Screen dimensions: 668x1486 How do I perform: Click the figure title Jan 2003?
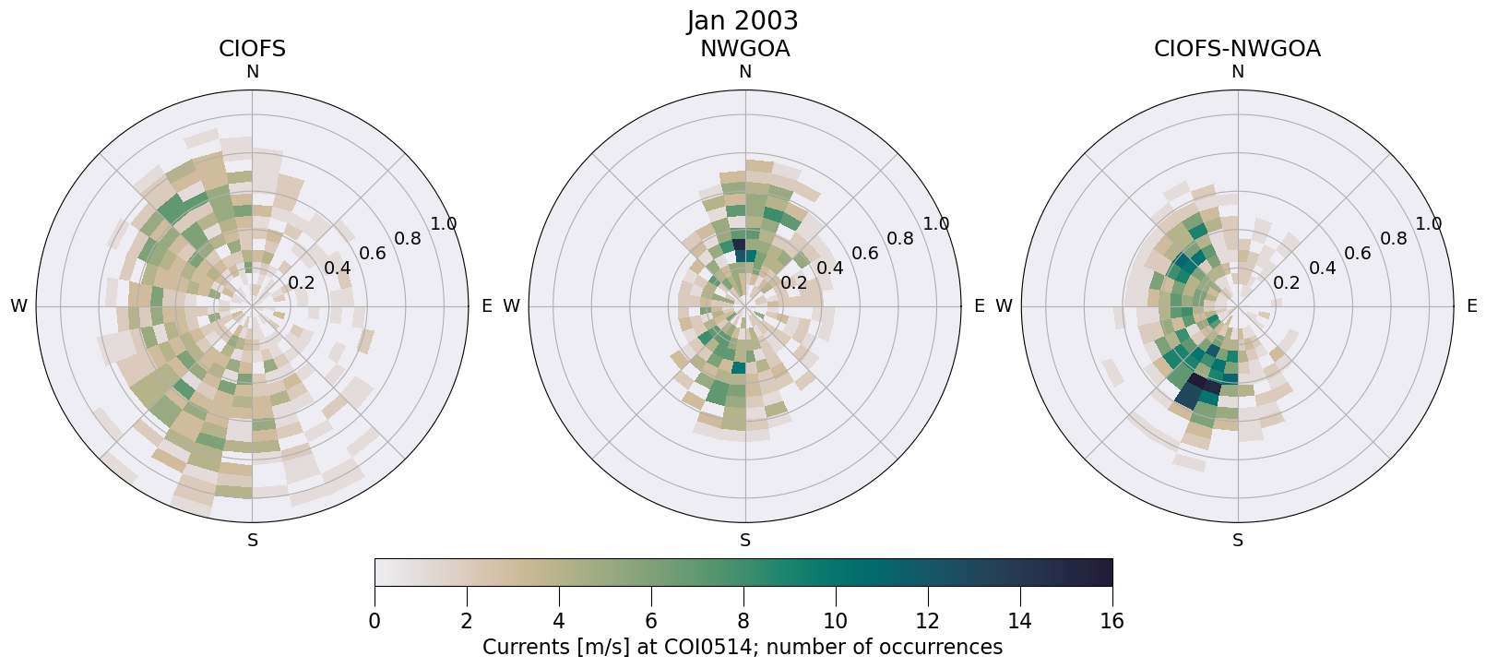[x=743, y=20]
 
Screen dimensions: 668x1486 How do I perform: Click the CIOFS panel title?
[x=252, y=49]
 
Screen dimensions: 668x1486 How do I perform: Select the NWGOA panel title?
[x=744, y=49]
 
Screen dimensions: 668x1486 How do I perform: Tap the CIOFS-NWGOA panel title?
[x=1237, y=49]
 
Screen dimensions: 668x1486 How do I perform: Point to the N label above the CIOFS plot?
[x=252, y=72]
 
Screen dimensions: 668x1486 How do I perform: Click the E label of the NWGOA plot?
[x=980, y=306]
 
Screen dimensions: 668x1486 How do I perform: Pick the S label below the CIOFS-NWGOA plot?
[x=1238, y=541]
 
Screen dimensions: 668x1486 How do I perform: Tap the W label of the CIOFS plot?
[x=18, y=306]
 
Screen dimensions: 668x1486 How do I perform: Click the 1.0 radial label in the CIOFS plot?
[x=444, y=224]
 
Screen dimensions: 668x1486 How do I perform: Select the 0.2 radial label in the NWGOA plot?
[x=794, y=283]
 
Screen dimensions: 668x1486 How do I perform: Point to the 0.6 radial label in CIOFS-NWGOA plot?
[x=1357, y=254]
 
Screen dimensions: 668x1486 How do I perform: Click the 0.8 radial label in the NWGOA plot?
[x=900, y=239]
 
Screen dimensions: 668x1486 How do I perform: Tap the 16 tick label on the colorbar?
[x=1112, y=621]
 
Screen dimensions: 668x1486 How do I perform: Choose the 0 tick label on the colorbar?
[x=374, y=621]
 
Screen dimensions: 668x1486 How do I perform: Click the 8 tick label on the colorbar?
[x=743, y=621]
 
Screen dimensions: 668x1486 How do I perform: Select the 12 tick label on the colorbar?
[x=927, y=621]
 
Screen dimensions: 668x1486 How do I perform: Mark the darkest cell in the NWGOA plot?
[x=739, y=245]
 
